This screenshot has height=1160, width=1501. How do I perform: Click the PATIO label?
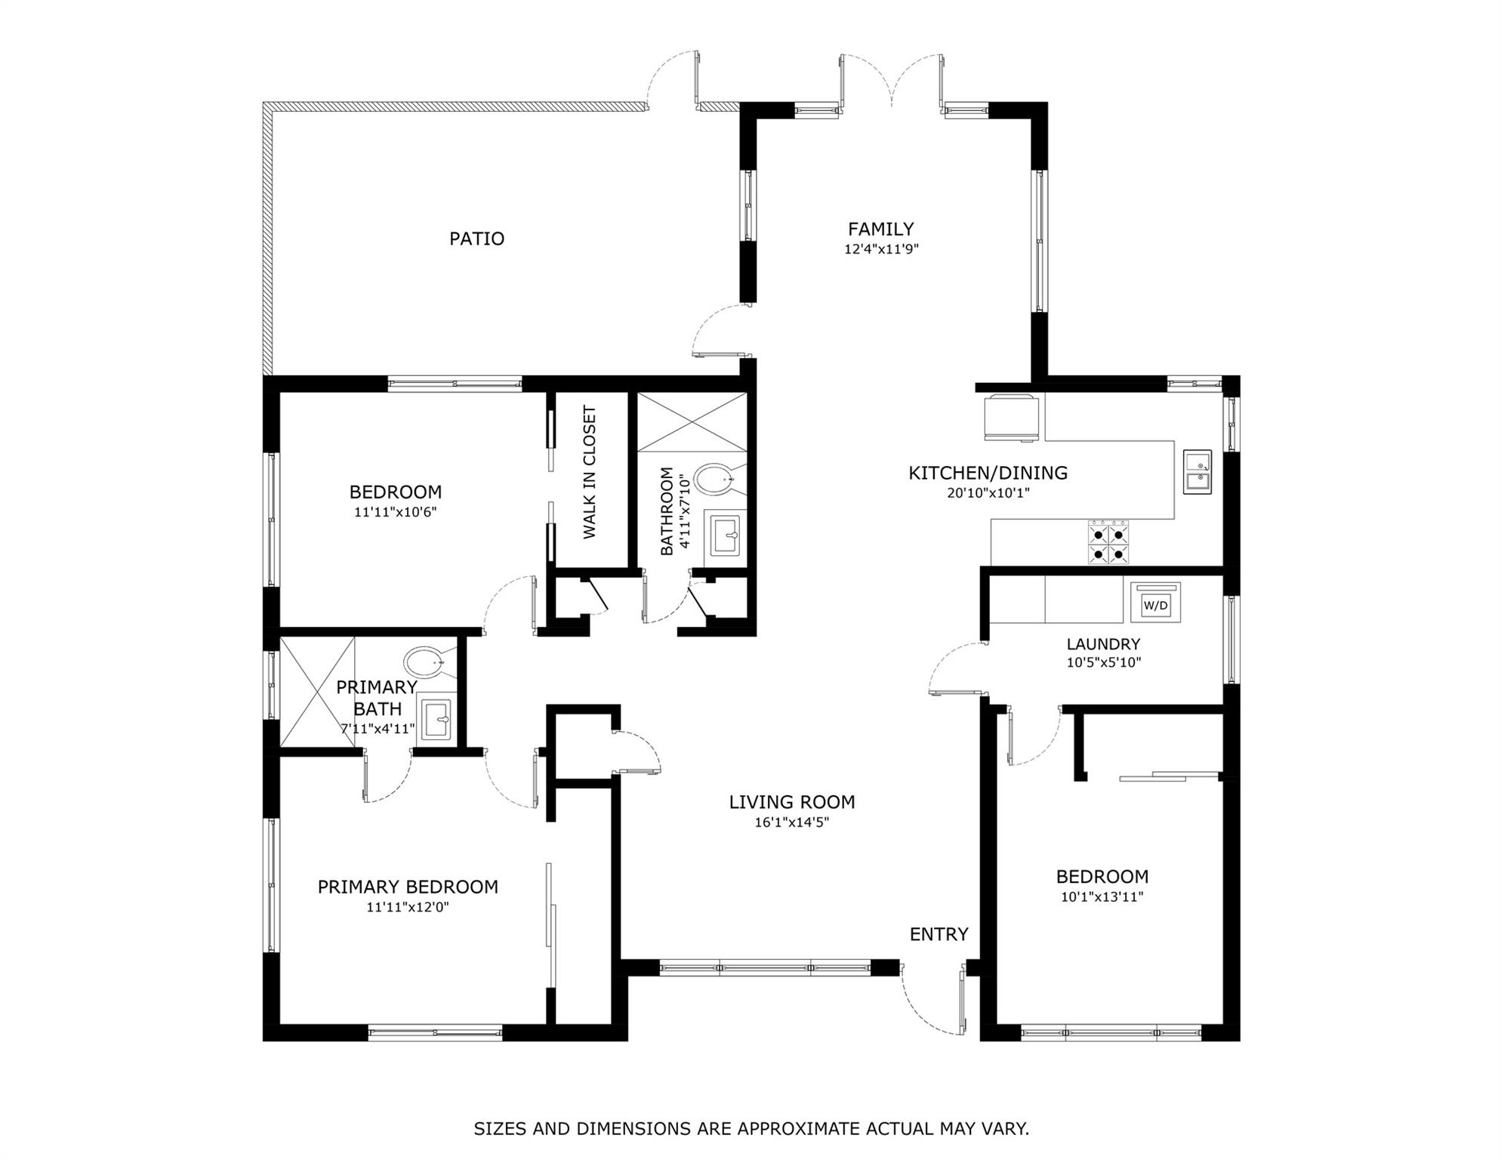click(476, 239)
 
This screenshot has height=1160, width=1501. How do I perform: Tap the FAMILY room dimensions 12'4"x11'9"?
click(881, 249)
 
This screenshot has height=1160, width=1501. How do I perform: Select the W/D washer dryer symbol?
click(1155, 602)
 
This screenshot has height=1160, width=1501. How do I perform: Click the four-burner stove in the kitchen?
click(1109, 542)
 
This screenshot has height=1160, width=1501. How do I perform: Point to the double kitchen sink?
click(1197, 472)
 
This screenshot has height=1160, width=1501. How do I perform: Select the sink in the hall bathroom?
click(725, 536)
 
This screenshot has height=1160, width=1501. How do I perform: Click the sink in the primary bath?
click(436, 719)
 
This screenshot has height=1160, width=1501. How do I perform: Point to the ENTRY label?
click(939, 934)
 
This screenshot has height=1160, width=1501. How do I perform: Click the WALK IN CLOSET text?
click(590, 472)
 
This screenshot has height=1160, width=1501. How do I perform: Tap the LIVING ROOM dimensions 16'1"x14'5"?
click(792, 822)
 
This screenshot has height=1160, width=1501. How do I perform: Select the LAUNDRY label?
click(1103, 644)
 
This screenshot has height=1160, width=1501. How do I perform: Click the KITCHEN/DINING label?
click(988, 474)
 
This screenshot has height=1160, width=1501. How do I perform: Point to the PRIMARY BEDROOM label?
click(408, 887)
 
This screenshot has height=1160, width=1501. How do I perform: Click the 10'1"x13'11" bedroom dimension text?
click(1102, 897)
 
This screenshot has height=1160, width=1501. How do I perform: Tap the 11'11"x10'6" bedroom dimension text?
click(396, 512)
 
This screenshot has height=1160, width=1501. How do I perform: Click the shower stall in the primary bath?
click(317, 692)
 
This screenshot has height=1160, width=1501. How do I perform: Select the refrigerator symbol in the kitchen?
click(1011, 418)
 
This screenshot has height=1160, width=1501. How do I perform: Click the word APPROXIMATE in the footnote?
click(799, 1129)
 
